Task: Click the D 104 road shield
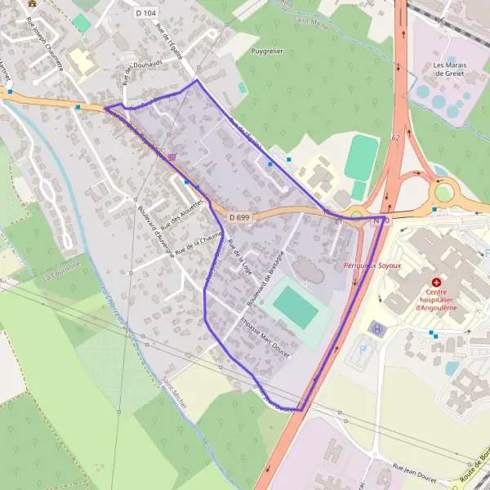point(146,13)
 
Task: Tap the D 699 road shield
point(239,217)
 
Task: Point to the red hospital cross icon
point(435,282)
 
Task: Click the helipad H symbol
point(376,328)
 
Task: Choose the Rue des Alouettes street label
point(182,214)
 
